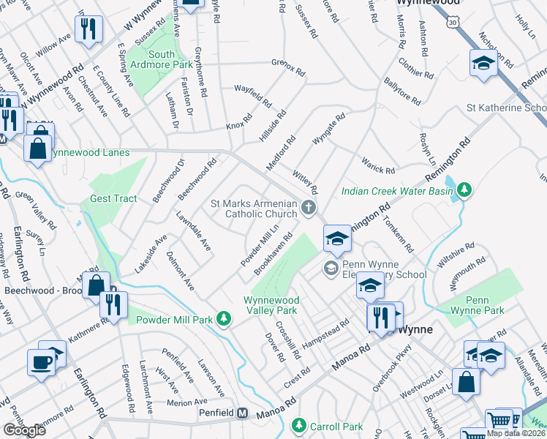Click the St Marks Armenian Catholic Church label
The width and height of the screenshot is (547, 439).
[253, 209]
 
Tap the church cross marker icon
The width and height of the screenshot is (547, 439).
[309, 209]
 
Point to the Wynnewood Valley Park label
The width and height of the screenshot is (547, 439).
[271, 305]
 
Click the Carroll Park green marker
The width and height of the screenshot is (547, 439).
[298, 425]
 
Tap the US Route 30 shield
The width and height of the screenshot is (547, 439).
[454, 23]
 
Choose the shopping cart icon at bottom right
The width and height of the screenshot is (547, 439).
[499, 421]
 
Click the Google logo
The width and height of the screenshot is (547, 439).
[24, 430]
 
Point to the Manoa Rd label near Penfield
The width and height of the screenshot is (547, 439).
[276, 415]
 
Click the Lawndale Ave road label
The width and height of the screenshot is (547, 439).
[194, 232]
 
